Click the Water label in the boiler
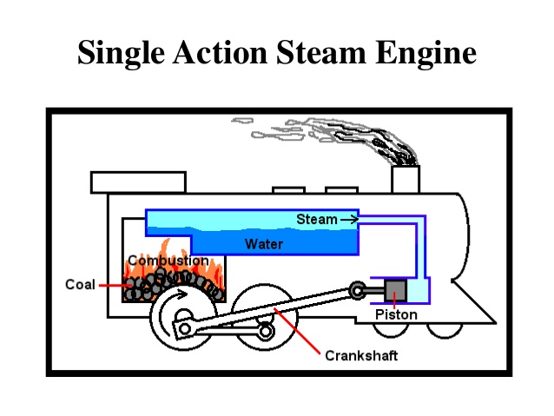coord(263,244)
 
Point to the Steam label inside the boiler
coord(316,219)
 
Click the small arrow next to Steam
coord(348,220)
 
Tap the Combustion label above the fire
coord(168,261)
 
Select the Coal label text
coord(80,284)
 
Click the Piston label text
coord(396,314)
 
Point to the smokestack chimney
coord(405,178)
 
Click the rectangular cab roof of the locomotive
coord(137,182)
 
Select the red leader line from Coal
coord(113,284)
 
